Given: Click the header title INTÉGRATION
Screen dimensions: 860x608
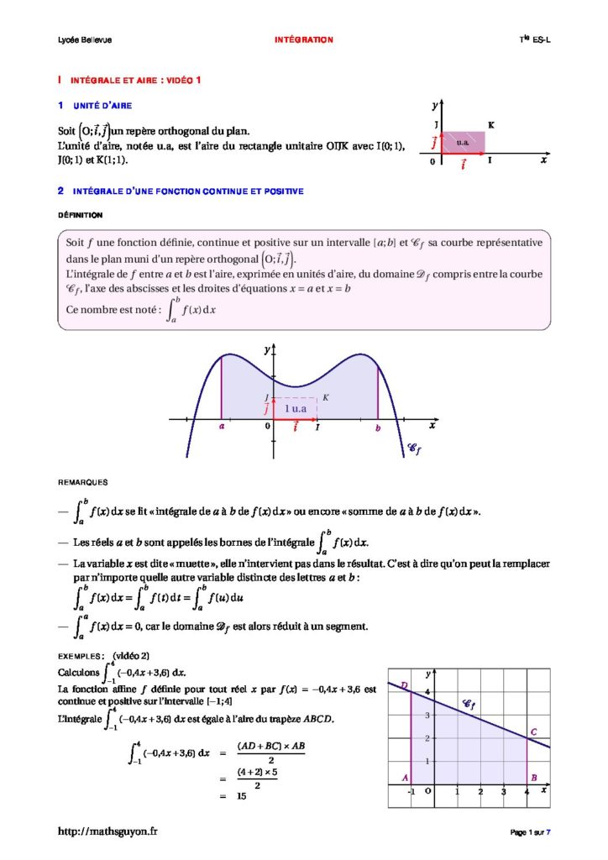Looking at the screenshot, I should pos(304,39).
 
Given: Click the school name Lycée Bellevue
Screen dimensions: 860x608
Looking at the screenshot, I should pos(73,39).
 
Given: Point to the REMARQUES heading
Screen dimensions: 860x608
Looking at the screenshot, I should pos(81,483).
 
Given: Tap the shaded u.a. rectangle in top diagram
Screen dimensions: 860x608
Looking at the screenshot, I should pos(463,142).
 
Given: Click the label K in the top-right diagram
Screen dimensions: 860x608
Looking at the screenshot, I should pos(490,126).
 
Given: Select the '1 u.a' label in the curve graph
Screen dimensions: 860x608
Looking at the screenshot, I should pos(296,407).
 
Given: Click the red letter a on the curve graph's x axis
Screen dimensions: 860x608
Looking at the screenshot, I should pos(222,427).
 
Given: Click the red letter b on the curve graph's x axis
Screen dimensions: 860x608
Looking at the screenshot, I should pos(378,428).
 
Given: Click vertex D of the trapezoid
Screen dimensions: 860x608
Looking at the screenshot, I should pos(404,686).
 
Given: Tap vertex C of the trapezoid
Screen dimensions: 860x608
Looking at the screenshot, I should pos(534,732).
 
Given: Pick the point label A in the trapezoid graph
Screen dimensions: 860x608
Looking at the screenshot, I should pos(404,778).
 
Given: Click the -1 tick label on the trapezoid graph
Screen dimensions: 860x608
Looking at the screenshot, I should pos(411,791).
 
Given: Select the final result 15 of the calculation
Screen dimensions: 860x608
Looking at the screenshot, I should pos(242,795).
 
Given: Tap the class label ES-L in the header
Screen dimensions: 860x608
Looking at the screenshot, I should pos(542,39).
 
